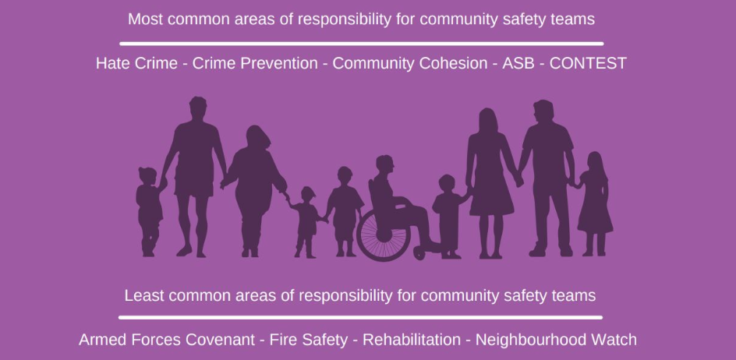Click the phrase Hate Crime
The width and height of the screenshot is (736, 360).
pos(136,63)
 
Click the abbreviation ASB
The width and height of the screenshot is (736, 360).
pos(518,63)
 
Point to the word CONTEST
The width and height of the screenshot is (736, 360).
pos(588,63)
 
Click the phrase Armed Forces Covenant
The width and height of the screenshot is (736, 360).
pos(167,340)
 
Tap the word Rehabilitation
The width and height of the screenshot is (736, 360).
pos(412,340)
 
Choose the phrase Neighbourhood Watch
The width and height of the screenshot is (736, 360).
pos(556,340)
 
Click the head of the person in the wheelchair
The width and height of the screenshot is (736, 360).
pos(384,165)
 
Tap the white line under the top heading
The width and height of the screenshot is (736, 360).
pos(361,43)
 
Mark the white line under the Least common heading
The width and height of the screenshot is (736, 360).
pos(360,317)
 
